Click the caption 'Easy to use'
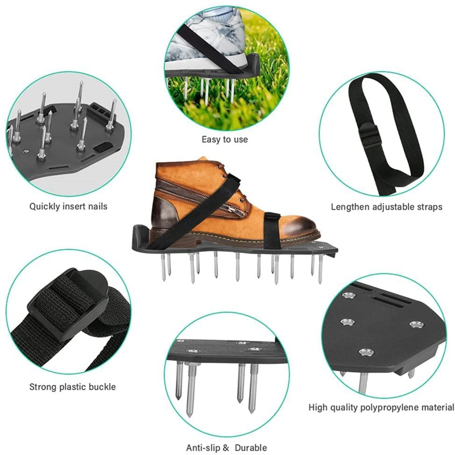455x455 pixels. [225, 139]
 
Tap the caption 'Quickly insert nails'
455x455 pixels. [68, 206]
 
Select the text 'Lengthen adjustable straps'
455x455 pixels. [386, 207]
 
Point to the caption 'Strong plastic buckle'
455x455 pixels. [72, 387]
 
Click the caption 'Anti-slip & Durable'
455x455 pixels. [226, 448]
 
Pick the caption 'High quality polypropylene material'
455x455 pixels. [381, 407]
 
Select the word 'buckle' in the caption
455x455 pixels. [102, 387]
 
